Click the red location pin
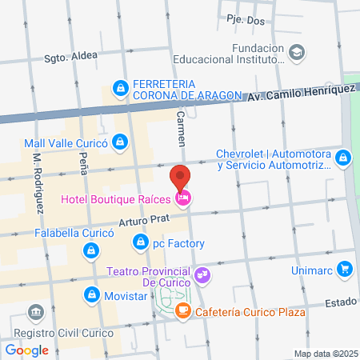click(181, 178)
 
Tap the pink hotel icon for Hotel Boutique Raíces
click(183, 198)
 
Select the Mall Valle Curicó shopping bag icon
click(119, 142)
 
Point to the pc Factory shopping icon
click(141, 240)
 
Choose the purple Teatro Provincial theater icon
click(203, 275)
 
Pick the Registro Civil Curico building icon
click(34, 311)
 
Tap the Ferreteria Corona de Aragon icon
click(120, 86)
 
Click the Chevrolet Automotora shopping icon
click(342, 157)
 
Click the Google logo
click(26, 350)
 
